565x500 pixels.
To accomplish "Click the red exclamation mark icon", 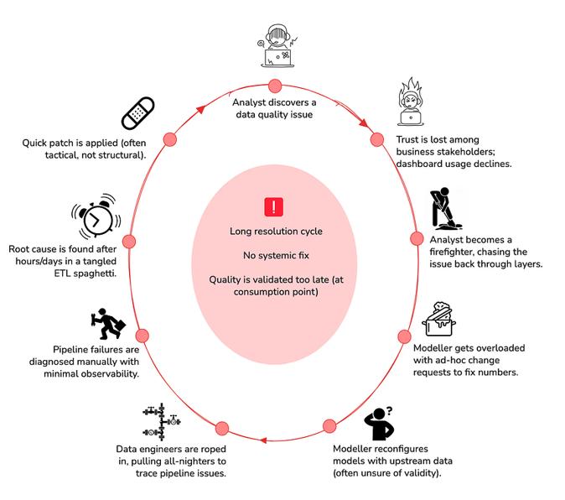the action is (274, 207).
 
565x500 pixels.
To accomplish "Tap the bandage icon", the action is (138, 113).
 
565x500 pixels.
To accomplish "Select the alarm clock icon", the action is (96, 216).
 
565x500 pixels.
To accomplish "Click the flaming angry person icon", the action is (411, 102).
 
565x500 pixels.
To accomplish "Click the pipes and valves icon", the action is (162, 422).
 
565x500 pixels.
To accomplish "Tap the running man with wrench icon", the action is (108, 324).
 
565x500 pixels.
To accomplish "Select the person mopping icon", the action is (445, 209).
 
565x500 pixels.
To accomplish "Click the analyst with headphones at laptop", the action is (277, 46).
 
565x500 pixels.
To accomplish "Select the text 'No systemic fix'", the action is (276, 256).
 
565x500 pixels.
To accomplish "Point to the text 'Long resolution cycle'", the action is (276, 232).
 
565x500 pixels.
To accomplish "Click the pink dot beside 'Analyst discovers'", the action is (275, 86).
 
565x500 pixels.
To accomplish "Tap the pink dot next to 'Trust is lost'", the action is (377, 139).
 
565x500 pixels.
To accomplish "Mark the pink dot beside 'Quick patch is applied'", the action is (169, 139).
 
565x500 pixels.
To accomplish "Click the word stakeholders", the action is (458, 152).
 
